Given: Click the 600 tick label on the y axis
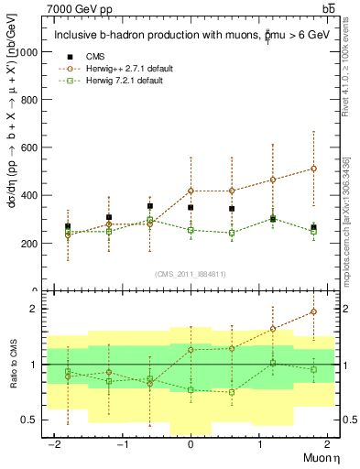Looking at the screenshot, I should tap(29, 147).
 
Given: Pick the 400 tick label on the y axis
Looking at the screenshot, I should tap(29, 195).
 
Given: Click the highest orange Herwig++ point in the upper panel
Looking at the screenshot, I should tap(313, 169).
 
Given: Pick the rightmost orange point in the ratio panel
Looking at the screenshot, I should tap(313, 311).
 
